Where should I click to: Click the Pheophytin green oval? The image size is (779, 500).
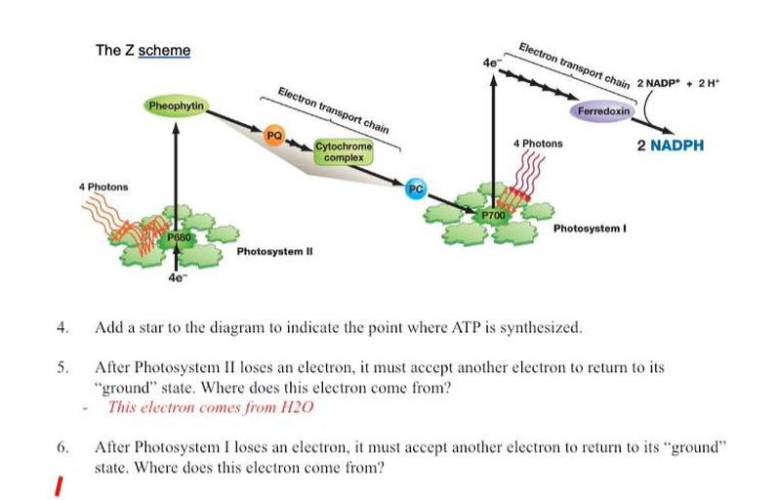(176, 105)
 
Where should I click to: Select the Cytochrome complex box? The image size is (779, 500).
(344, 151)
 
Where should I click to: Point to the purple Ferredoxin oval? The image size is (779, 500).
(606, 111)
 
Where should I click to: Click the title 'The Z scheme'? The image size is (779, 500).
(143, 50)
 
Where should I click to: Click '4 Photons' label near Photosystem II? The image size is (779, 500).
(103, 186)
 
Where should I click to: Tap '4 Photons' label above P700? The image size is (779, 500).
(538, 144)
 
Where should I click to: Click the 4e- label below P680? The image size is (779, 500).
(176, 278)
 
